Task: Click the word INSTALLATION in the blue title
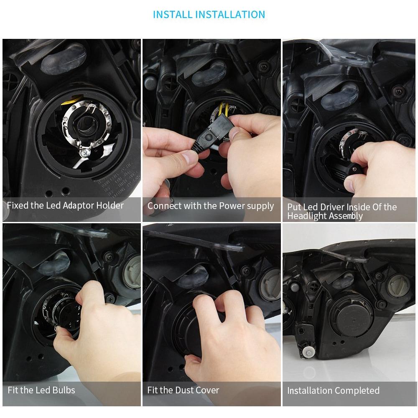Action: coord(230,14)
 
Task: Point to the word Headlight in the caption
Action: coord(308,216)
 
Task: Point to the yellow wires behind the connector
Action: coord(224,109)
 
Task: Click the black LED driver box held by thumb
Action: coord(344,171)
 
